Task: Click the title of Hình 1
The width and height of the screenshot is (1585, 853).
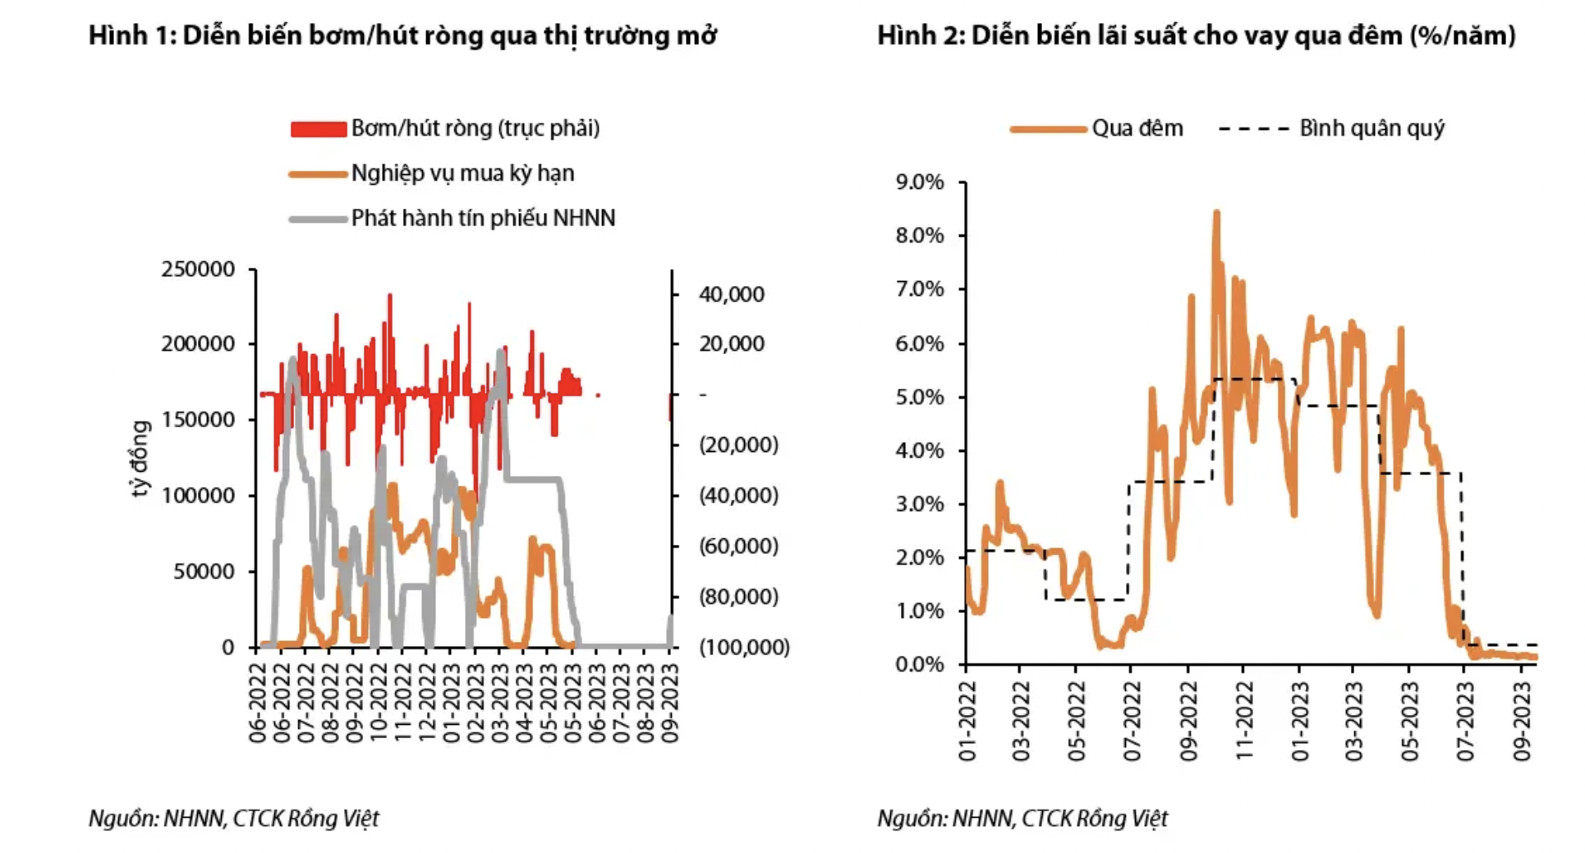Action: pos(402,36)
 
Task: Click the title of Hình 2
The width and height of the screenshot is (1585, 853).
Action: pos(1196,36)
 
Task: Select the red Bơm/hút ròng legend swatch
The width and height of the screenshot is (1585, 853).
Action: pos(319,129)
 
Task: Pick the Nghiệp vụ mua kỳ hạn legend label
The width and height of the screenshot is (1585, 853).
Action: pos(462,173)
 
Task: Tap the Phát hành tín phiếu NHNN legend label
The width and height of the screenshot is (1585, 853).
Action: pos(483,219)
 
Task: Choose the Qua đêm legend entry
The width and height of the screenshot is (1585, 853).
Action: pos(1137,129)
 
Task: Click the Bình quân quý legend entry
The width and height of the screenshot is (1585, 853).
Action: pos(1371,129)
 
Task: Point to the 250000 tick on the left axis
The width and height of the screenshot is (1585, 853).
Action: pos(198,270)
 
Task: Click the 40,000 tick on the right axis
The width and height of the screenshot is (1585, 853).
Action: pos(731,295)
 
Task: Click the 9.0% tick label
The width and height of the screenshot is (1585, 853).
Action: pos(920,182)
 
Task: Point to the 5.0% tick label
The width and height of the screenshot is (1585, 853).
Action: pos(920,398)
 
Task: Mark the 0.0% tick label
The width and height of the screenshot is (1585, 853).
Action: pos(920,664)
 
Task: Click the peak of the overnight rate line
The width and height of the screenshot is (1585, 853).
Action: pos(1216,213)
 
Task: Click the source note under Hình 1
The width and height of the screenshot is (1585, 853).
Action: pos(234,818)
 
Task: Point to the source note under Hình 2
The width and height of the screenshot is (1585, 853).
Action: pos(1022,818)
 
